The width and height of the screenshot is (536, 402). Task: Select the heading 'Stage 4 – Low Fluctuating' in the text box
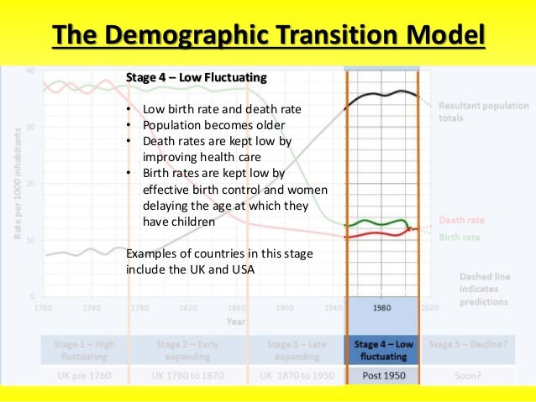(196, 78)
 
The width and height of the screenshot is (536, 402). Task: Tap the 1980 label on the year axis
(382, 308)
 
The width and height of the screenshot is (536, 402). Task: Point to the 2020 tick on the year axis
(430, 308)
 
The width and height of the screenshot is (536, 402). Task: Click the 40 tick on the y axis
(31, 70)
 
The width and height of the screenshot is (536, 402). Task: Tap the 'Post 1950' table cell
(382, 375)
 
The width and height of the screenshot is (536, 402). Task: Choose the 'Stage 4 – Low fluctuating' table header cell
(382, 350)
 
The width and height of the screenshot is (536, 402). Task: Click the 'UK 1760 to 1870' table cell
(187, 375)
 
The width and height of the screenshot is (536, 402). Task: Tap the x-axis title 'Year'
(237, 321)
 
